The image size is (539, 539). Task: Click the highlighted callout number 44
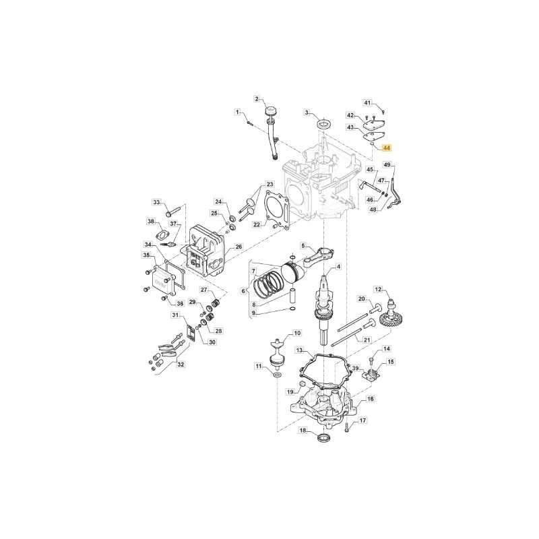pyautogui.click(x=387, y=148)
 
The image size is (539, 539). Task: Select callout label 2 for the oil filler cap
pyautogui.click(x=257, y=99)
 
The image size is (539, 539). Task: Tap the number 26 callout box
pyautogui.click(x=239, y=247)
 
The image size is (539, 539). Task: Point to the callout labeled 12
pyautogui.click(x=378, y=290)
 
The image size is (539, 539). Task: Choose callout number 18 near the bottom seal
pyautogui.click(x=303, y=431)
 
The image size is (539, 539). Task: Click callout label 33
pyautogui.click(x=157, y=202)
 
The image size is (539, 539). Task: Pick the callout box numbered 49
pyautogui.click(x=387, y=165)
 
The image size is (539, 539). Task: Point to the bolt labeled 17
pyautogui.click(x=346, y=427)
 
